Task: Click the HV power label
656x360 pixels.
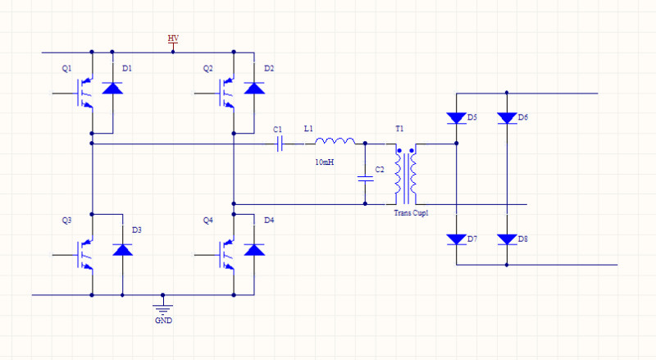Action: [x=173, y=38]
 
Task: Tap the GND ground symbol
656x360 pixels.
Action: [x=162, y=310]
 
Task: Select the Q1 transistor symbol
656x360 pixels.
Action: [x=84, y=93]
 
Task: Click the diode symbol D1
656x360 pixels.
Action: [x=112, y=88]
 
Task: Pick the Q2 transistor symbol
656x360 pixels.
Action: [x=227, y=93]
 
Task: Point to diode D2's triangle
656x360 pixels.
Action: [x=254, y=88]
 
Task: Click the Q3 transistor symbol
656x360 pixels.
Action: [x=84, y=254]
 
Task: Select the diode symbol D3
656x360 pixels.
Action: [x=122, y=250]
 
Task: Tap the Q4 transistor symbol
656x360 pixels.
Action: [x=227, y=254]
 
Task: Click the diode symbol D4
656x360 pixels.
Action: [x=254, y=250]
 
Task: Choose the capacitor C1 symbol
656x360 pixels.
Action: [x=280, y=144]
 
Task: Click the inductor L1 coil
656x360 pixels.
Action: [x=335, y=141]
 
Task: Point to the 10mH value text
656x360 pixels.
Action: [x=324, y=162]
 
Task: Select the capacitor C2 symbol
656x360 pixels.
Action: [x=365, y=179]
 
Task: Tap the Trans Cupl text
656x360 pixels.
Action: [x=412, y=212]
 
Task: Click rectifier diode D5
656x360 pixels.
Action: [x=457, y=118]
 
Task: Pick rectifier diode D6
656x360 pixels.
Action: [x=507, y=118]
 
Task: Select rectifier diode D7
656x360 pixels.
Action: [x=457, y=239]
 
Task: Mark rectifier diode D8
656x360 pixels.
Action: [x=507, y=239]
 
